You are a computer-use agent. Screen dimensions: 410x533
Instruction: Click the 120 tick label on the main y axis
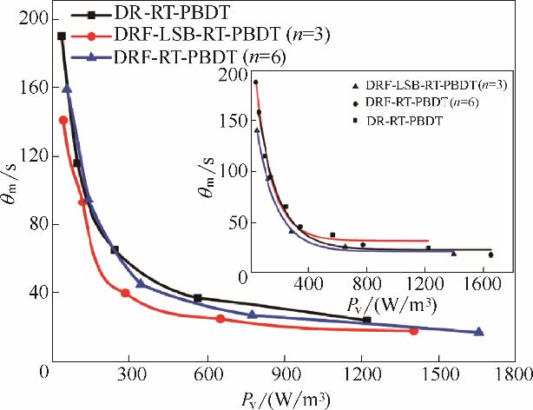30,156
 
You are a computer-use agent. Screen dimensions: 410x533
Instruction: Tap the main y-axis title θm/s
13,207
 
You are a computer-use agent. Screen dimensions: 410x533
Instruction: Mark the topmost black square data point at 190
61,36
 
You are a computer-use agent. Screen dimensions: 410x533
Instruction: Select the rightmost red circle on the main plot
414,331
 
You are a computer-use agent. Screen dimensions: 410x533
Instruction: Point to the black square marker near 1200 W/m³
366,320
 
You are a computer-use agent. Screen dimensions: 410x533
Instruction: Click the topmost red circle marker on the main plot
63,120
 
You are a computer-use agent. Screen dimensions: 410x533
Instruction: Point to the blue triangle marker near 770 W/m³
252,314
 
